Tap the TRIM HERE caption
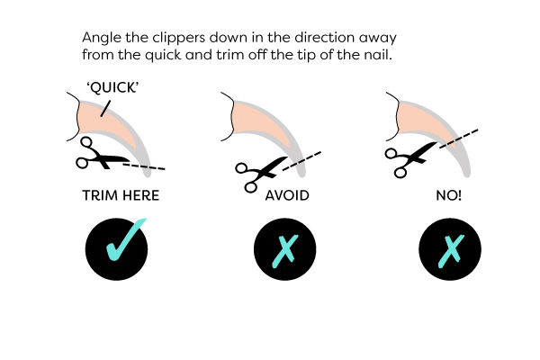tap(120, 194)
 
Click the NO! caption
tap(447, 194)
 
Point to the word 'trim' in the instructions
tap(259, 56)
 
